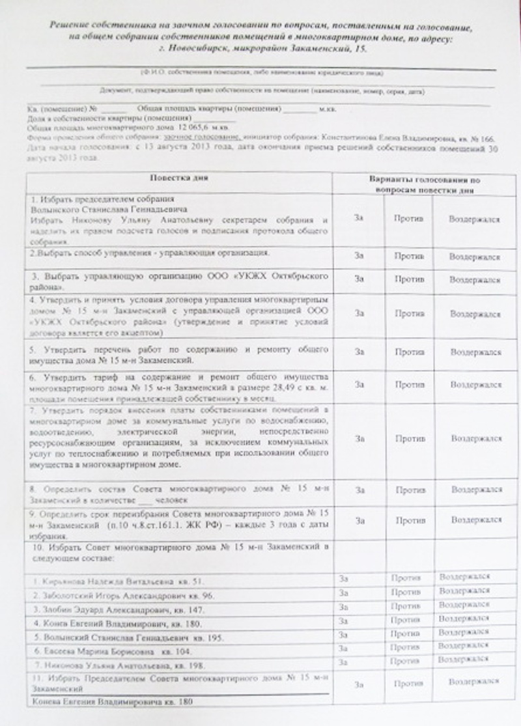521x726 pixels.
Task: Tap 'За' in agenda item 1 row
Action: click(x=359, y=218)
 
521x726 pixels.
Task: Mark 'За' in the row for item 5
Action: click(x=359, y=352)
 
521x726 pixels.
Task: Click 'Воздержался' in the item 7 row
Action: click(x=475, y=439)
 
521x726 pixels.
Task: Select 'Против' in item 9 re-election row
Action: click(x=408, y=520)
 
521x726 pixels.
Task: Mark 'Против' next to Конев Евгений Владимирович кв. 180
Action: click(x=405, y=621)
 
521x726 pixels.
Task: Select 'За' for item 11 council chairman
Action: click(x=359, y=684)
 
